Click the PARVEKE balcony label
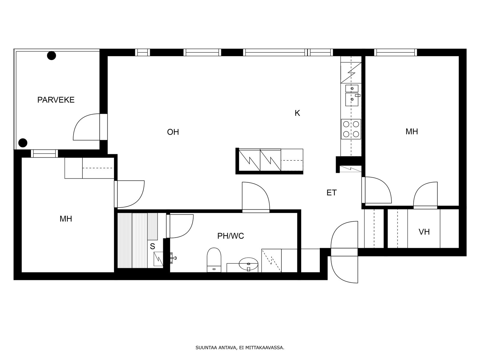[x=56, y=100]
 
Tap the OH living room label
[x=173, y=132]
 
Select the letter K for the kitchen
[x=297, y=113]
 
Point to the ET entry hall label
[x=331, y=193]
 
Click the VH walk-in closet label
[x=424, y=232]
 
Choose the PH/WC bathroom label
[x=230, y=236]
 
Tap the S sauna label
[x=152, y=246]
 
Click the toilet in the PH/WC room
[x=214, y=260]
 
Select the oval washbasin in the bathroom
[x=249, y=264]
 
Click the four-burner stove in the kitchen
[x=351, y=129]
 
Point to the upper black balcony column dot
[x=52, y=55]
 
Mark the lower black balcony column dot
[x=23, y=143]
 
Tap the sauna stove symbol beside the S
[x=158, y=259]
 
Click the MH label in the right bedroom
[x=412, y=132]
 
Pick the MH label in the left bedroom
[x=66, y=219]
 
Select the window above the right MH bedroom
[x=396, y=52]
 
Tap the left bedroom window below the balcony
[x=44, y=153]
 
